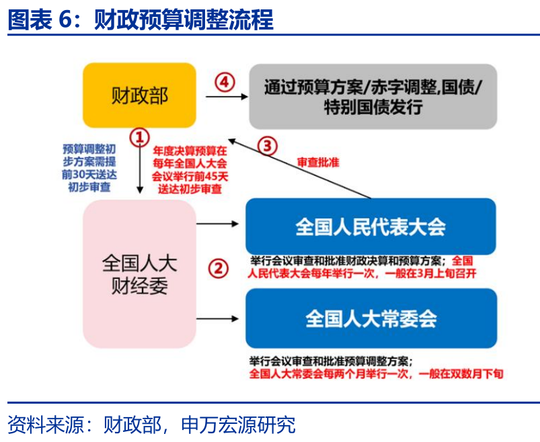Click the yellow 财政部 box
139,95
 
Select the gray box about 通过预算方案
373,96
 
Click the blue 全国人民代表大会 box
371,226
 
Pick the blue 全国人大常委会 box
371,318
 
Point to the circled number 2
217,269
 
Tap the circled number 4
225,83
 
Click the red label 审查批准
318,163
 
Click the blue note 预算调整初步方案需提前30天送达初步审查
89,168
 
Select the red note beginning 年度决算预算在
190,171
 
